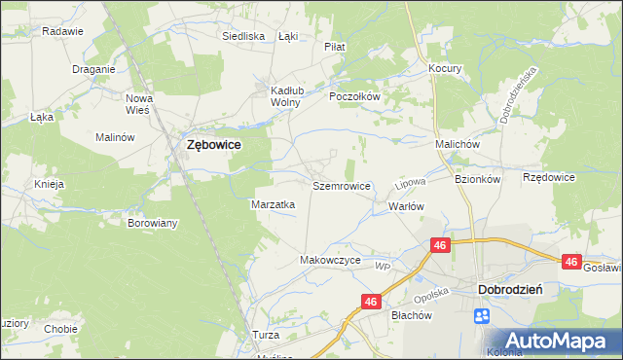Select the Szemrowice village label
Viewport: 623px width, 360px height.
[x=342, y=185]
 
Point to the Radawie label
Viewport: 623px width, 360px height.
[x=61, y=31]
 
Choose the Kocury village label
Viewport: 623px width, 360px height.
[x=445, y=69]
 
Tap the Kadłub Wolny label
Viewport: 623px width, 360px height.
[x=287, y=95]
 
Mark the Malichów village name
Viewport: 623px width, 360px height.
[x=458, y=144]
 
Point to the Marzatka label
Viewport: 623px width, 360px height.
[x=274, y=205]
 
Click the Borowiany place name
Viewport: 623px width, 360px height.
[x=153, y=223]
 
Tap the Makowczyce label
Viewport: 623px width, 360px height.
[x=331, y=261]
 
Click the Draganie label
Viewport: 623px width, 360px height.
[x=94, y=69]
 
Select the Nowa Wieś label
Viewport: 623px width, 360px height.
[x=140, y=103]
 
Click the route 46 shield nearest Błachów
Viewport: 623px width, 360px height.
[x=370, y=303]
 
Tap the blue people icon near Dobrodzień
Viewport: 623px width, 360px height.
[x=482, y=315]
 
